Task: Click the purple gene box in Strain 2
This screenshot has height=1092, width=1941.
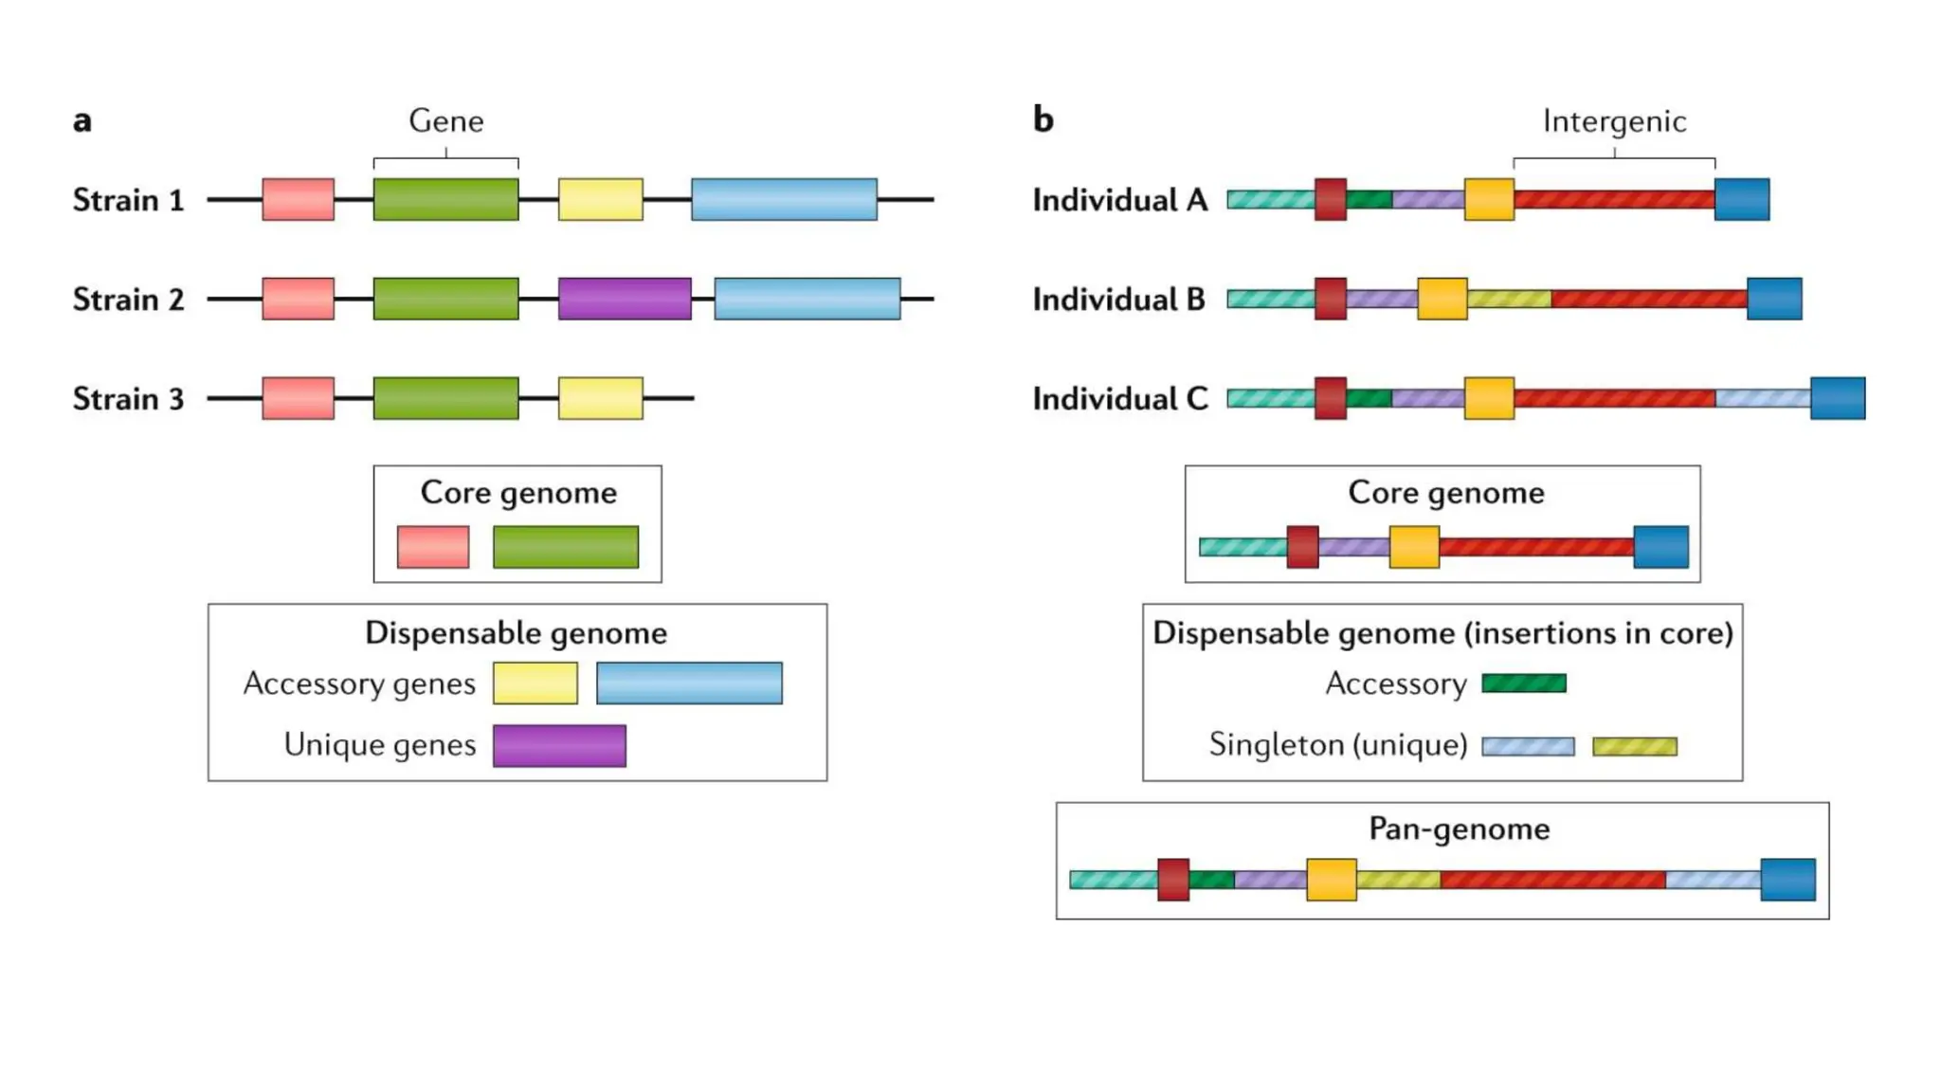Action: [x=625, y=299]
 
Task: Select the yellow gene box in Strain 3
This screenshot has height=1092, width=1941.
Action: [x=600, y=398]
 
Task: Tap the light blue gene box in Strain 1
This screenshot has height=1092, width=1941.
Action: [x=784, y=199]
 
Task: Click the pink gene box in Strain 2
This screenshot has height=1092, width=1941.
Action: [x=298, y=299]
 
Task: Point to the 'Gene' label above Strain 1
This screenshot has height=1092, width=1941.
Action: [x=445, y=121]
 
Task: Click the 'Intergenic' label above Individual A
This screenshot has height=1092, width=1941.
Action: [x=1614, y=121]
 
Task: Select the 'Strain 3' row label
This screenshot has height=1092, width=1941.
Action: [x=128, y=399]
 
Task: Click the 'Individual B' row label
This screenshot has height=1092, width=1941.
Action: [x=1118, y=300]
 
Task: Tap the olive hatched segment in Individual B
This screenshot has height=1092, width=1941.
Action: [x=1509, y=300]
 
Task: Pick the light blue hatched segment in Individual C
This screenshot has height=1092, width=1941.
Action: [x=1763, y=398]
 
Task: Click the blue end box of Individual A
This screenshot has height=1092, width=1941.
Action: [x=1741, y=199]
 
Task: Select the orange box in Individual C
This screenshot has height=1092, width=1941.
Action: [x=1489, y=398]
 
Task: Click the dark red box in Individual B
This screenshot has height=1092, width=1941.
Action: [x=1331, y=299]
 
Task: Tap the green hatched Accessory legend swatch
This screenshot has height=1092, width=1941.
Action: [x=1523, y=683]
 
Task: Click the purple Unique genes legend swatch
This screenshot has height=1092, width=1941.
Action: [x=559, y=746]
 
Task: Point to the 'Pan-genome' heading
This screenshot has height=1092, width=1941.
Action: [x=1459, y=829]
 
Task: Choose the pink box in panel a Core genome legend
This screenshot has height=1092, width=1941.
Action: [x=433, y=547]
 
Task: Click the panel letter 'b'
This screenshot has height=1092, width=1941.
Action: [x=1043, y=120]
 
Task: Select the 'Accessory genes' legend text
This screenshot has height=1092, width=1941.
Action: [x=359, y=683]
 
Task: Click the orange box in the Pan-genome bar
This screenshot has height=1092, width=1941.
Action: [x=1331, y=880]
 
